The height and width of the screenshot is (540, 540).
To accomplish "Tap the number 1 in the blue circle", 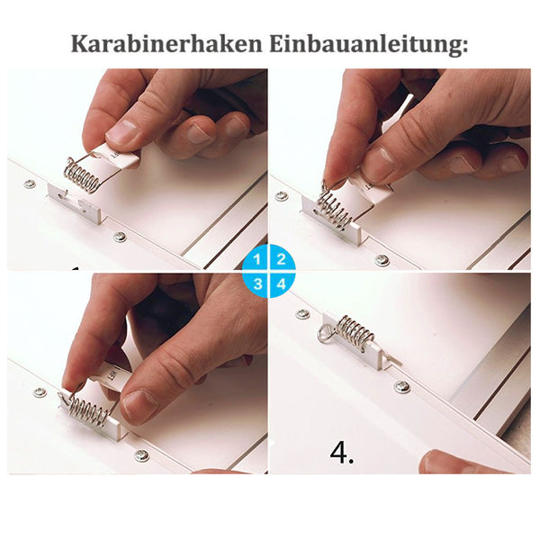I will coord(257,260).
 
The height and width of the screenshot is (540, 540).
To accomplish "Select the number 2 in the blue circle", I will coord(281,260).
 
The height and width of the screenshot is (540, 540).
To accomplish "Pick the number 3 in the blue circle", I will coord(257,283).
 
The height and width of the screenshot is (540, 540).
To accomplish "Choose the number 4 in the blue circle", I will coord(281,283).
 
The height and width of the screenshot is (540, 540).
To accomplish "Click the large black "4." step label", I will coord(342,453).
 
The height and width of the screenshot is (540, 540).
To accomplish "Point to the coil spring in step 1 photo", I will coord(82,174).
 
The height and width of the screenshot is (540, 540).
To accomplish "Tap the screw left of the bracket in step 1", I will coord(30,184).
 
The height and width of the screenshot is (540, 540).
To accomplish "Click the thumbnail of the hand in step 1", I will coord(123,132).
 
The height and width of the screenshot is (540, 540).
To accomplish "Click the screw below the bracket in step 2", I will coord(382,260).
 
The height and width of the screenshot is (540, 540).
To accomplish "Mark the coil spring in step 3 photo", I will coord(88,409).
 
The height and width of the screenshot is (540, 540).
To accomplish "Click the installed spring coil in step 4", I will coord(355,333).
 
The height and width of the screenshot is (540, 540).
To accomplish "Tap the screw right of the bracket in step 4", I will coord(401,386).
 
